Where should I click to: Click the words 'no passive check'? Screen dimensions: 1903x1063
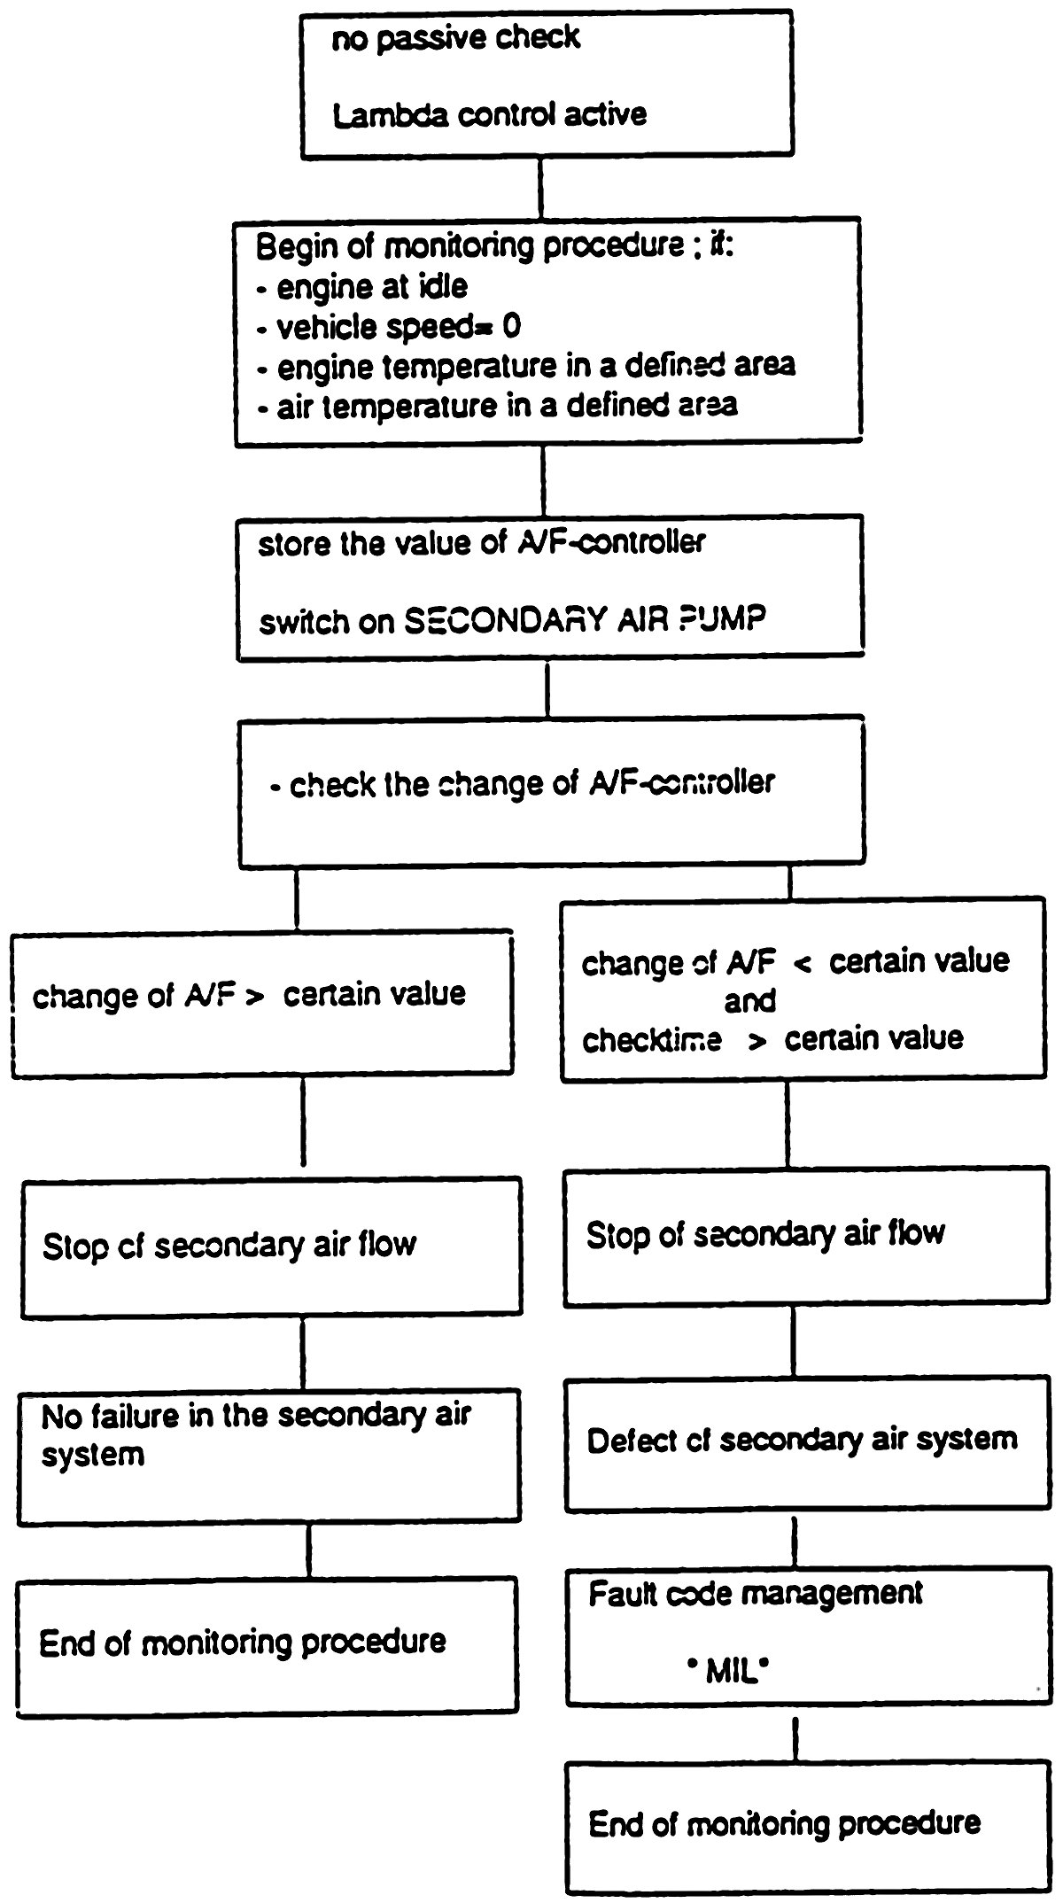click(x=455, y=39)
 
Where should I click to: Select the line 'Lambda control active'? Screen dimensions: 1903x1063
click(x=489, y=115)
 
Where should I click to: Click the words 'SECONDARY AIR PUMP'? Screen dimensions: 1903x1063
click(x=585, y=619)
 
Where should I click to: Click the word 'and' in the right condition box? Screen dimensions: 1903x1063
click(x=749, y=1001)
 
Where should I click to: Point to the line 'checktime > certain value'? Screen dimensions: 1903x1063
click(x=772, y=1038)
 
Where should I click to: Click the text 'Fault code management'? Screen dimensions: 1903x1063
click(x=756, y=1595)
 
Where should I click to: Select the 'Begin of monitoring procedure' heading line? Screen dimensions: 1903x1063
click(x=494, y=246)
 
